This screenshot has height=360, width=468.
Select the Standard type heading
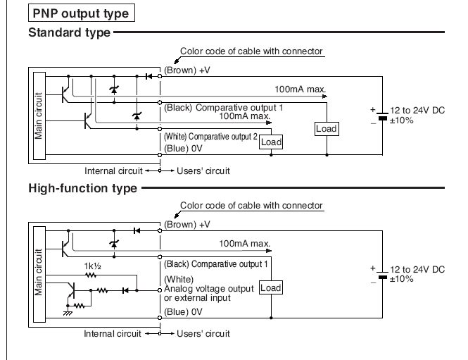68,32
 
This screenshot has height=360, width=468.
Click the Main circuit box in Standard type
38,113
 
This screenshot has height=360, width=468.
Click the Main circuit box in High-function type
38,270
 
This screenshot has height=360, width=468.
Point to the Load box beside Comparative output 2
270,142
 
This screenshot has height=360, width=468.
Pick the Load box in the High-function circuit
270,287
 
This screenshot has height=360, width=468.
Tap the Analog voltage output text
210,287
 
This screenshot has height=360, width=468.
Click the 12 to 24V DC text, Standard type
419,112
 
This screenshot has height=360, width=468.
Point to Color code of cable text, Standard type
251,51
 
